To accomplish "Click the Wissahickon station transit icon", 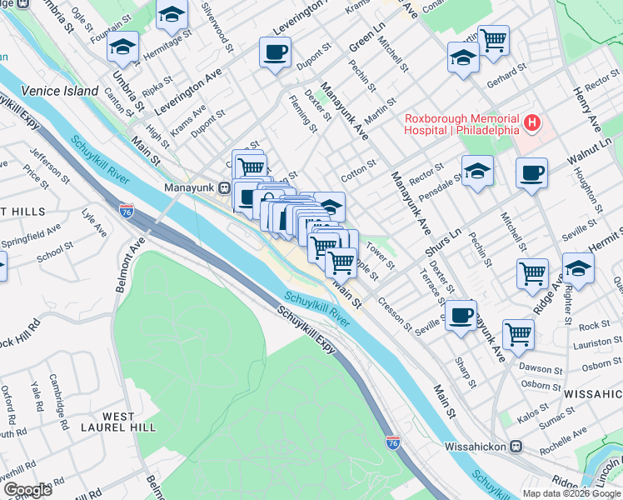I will coord(516,447).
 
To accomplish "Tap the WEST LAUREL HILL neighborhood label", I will coord(130,422).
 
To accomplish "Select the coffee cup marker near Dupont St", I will coord(275,53).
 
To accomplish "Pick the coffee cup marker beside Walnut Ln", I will coord(531,174).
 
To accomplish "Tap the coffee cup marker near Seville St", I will coord(461,316).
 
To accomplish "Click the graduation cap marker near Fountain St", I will coord(122,47).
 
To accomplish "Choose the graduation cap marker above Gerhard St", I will coord(464,58).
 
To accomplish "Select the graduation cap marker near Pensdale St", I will coord(477,172).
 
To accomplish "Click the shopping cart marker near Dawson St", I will coord(518,335).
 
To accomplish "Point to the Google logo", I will coord(27,490).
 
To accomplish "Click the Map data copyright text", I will coord(571,493).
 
